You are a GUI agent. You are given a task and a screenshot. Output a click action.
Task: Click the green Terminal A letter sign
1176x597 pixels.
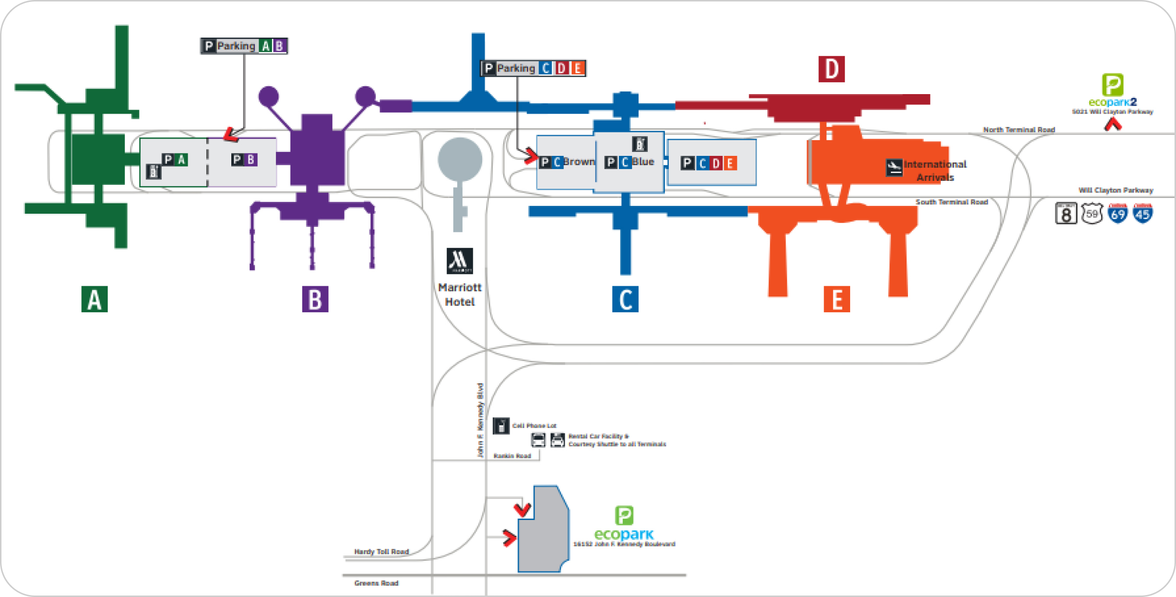tap(95, 299)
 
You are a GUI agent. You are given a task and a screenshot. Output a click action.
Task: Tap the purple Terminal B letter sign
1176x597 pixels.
tap(315, 299)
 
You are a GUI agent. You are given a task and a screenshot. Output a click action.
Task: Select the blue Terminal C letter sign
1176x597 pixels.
tap(625, 299)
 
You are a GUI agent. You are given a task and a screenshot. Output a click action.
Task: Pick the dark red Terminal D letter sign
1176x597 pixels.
tap(832, 69)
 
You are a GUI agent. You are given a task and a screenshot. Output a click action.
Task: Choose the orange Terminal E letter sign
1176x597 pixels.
tap(836, 299)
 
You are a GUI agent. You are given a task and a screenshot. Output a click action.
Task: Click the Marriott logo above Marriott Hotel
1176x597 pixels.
tap(460, 261)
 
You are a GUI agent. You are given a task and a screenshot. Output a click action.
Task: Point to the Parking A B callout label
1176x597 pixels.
tap(244, 46)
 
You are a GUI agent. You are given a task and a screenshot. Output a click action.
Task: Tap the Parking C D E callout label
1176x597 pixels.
tap(533, 68)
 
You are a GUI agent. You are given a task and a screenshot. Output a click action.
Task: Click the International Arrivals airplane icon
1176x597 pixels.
tap(894, 168)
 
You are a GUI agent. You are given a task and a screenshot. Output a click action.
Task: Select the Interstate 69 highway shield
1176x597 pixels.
tap(1118, 213)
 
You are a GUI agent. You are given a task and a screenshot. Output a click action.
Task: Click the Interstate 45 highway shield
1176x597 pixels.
tap(1143, 213)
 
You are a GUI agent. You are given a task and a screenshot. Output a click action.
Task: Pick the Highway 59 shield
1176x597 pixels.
tap(1092, 214)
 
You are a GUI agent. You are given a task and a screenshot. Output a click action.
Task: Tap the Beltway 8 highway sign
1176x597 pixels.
tap(1066, 214)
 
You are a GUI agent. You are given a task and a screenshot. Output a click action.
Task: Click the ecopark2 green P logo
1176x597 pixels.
tap(1112, 85)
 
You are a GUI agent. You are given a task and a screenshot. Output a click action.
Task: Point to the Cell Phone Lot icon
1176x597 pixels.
tap(501, 425)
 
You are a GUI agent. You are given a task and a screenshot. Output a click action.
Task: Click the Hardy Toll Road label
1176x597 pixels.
tap(381, 551)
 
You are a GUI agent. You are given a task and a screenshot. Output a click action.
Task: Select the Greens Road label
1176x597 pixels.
tap(376, 583)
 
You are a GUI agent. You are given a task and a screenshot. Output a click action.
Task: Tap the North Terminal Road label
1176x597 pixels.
tap(1019, 129)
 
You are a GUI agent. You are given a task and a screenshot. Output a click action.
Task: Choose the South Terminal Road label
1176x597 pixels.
tap(952, 201)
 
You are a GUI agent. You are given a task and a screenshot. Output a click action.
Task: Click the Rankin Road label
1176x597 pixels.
tap(512, 456)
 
